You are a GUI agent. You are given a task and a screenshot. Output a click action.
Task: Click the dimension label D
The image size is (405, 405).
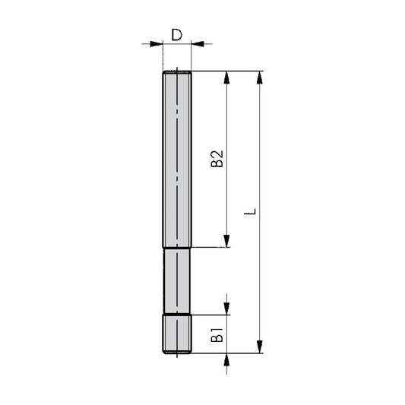coord(176,34)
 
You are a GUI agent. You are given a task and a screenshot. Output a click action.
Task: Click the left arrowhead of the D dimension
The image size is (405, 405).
coord(158,44)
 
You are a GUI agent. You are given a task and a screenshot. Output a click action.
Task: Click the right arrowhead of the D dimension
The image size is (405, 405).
coord(196,44)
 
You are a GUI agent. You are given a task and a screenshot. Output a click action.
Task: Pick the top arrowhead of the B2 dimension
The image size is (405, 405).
coord(226,77)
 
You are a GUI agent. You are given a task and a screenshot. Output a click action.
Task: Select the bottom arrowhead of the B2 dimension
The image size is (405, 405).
coord(226,242)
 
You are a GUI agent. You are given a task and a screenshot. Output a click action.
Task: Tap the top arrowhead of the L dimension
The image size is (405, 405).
coord(261,77)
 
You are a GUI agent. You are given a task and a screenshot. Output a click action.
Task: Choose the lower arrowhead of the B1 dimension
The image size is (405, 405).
coord(226,359)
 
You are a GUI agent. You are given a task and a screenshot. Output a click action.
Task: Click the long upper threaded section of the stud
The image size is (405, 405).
coord(177,159)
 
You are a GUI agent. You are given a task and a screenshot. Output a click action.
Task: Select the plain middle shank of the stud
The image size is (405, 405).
coord(177,280)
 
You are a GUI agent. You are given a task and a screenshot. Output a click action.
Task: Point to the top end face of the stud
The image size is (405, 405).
coord(177,71)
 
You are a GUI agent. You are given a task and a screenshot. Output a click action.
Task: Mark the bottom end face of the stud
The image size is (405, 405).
coord(177,353)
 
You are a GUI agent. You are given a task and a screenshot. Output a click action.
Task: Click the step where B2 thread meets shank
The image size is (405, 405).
coord(177,248)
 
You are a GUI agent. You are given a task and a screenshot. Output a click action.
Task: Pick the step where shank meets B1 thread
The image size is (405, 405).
coord(177,315)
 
